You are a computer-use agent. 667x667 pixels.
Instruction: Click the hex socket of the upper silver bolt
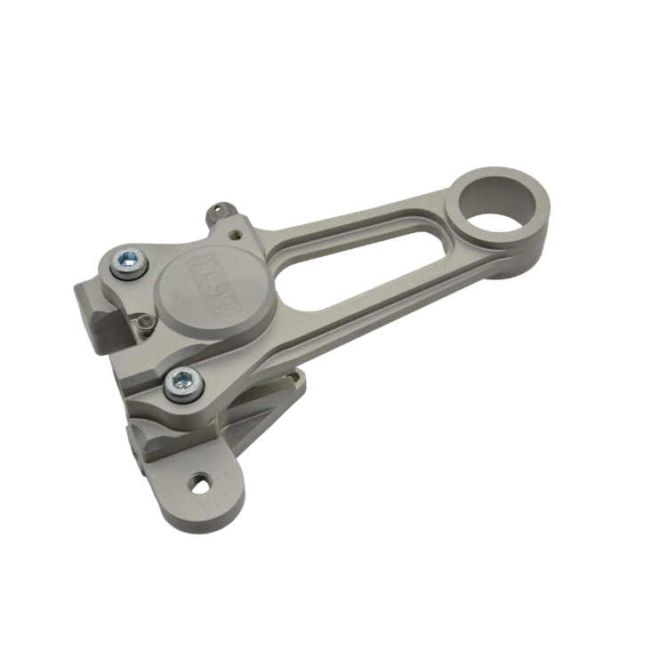(130, 260)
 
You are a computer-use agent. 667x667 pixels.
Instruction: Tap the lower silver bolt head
(184, 383)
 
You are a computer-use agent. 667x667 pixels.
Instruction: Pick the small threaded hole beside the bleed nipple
(235, 235)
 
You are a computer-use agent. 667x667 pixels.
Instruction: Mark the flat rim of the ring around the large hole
(534, 222)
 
